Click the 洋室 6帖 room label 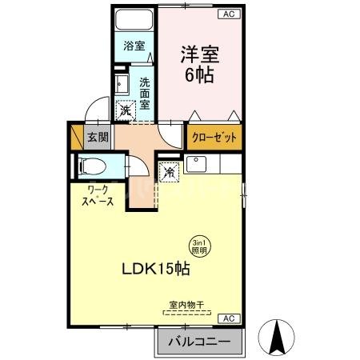(x=200, y=65)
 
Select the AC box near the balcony (x=228, y=318)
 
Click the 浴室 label (x=133, y=46)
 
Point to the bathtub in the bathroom (x=133, y=22)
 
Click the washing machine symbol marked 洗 (x=126, y=111)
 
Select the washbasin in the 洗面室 (x=122, y=84)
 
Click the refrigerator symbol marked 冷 (x=170, y=171)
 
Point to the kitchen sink (x=196, y=166)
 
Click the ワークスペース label (x=95, y=195)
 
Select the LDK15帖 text (x=155, y=270)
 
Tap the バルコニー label (x=199, y=342)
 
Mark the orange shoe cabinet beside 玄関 (x=78, y=136)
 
